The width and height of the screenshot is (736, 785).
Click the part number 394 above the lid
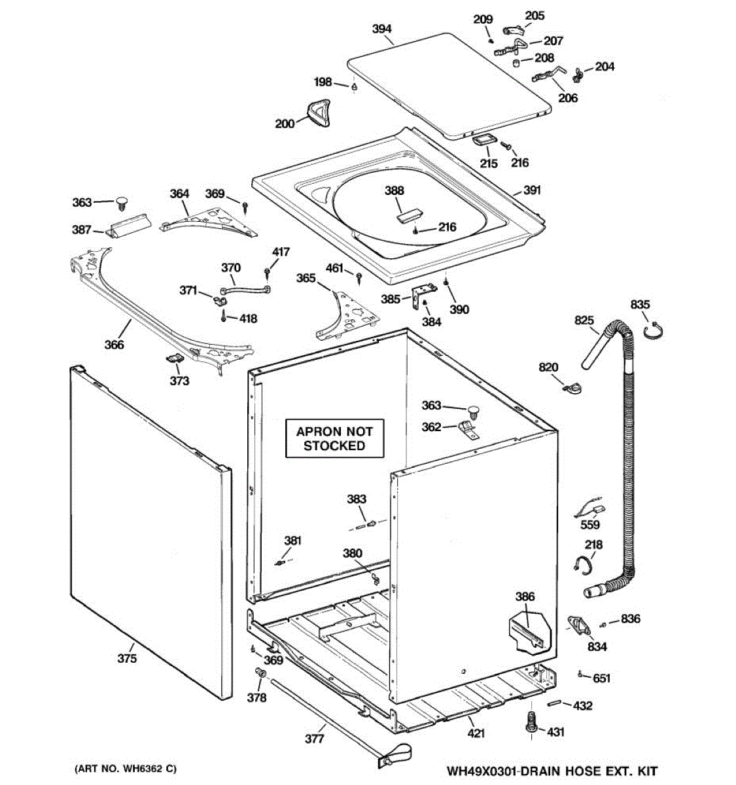click(381, 29)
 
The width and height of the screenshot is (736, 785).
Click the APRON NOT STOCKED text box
click(334, 438)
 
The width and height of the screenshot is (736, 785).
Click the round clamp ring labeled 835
click(653, 331)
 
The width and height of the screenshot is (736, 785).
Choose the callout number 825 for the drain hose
click(584, 320)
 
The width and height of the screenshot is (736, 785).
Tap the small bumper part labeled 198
click(355, 86)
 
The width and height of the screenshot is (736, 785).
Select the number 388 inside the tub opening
click(394, 190)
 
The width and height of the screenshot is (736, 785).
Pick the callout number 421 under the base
click(476, 722)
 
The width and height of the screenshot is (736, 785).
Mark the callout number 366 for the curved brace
click(114, 345)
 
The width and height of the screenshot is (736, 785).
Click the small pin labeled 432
click(553, 703)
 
